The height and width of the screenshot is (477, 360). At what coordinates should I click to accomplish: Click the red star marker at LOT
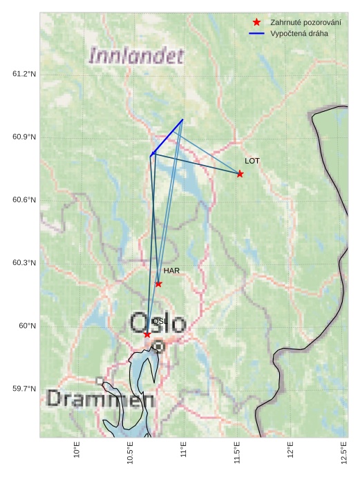click(240, 174)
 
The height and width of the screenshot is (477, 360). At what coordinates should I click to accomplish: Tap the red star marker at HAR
click(158, 284)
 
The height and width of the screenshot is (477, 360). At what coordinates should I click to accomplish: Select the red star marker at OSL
click(147, 334)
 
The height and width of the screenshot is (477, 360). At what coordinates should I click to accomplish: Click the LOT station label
click(252, 162)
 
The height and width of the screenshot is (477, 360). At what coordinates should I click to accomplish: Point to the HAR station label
click(171, 271)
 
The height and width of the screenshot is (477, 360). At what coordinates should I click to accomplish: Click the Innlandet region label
click(137, 56)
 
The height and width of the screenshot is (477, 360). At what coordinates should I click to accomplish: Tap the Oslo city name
click(158, 323)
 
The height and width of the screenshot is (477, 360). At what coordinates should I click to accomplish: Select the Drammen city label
click(101, 398)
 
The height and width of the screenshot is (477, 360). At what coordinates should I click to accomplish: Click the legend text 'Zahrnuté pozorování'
click(305, 23)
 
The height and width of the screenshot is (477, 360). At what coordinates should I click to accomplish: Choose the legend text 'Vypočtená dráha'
click(299, 33)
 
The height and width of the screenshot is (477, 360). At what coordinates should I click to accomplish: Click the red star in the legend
click(256, 23)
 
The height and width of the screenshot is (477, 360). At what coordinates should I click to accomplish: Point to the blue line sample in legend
click(256, 33)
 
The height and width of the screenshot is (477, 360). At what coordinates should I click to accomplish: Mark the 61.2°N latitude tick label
click(24, 75)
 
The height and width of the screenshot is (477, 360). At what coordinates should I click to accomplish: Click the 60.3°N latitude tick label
click(24, 263)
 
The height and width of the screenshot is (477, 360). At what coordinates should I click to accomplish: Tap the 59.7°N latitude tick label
click(24, 389)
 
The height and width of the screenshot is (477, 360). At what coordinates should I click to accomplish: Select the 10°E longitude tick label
click(77, 451)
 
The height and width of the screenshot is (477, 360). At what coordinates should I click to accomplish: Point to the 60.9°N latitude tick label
click(24, 137)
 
